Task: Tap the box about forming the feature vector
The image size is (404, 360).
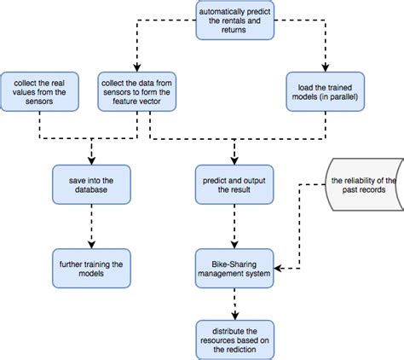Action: (136, 90)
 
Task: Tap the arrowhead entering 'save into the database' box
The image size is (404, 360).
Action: (92, 162)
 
